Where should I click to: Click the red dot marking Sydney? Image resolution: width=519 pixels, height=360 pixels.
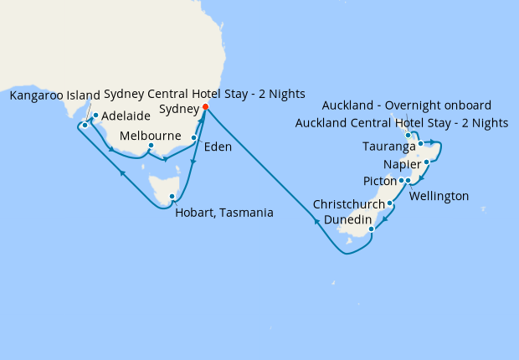coord(206,107)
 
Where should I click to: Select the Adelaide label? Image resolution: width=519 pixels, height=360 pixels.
coord(126,116)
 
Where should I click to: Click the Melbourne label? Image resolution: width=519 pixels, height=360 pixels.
coord(152,136)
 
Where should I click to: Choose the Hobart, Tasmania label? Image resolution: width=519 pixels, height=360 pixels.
coord(224,213)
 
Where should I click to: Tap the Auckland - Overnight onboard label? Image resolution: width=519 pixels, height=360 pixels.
coord(406,105)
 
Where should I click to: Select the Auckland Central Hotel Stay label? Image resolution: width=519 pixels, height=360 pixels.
coord(402,123)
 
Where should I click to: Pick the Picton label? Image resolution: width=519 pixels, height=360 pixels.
coord(380,181)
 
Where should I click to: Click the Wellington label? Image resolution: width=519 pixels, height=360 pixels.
coord(439,196)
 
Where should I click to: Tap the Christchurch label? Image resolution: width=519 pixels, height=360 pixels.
coord(349,203)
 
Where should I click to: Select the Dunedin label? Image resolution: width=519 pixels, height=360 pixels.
coord(347,219)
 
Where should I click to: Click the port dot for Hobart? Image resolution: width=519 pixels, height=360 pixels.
coord(172,198)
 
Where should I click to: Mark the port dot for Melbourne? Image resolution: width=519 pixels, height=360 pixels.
coord(150,146)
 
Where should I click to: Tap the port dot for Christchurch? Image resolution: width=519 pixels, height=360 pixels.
coord(390,203)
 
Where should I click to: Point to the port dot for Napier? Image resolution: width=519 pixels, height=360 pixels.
coord(427,162)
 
